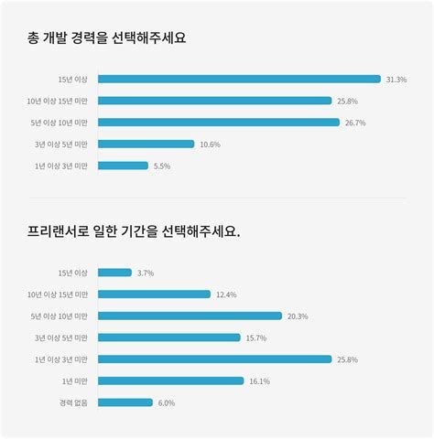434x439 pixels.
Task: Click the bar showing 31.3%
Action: click(238, 79)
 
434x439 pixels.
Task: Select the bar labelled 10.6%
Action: click(146, 144)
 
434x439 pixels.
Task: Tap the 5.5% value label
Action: click(162, 166)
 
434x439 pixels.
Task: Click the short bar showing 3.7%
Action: click(114, 273)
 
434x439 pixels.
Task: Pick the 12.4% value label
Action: click(226, 294)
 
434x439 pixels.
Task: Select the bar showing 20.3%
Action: click(190, 316)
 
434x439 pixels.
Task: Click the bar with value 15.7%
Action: click(168, 337)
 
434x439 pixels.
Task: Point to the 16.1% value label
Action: click(258, 380)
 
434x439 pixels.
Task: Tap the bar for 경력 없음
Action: click(125, 402)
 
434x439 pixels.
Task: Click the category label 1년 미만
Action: click(74, 380)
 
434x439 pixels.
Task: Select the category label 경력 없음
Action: click(72, 402)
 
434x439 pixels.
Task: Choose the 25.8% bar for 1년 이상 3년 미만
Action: click(214, 359)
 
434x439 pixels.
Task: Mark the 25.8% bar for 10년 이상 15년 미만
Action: click(214, 101)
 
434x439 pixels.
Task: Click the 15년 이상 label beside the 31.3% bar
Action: click(72, 80)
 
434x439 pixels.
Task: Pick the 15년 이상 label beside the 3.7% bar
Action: click(72, 273)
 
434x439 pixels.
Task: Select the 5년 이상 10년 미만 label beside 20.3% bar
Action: click(60, 316)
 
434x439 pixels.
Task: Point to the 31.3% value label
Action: click(396, 80)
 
